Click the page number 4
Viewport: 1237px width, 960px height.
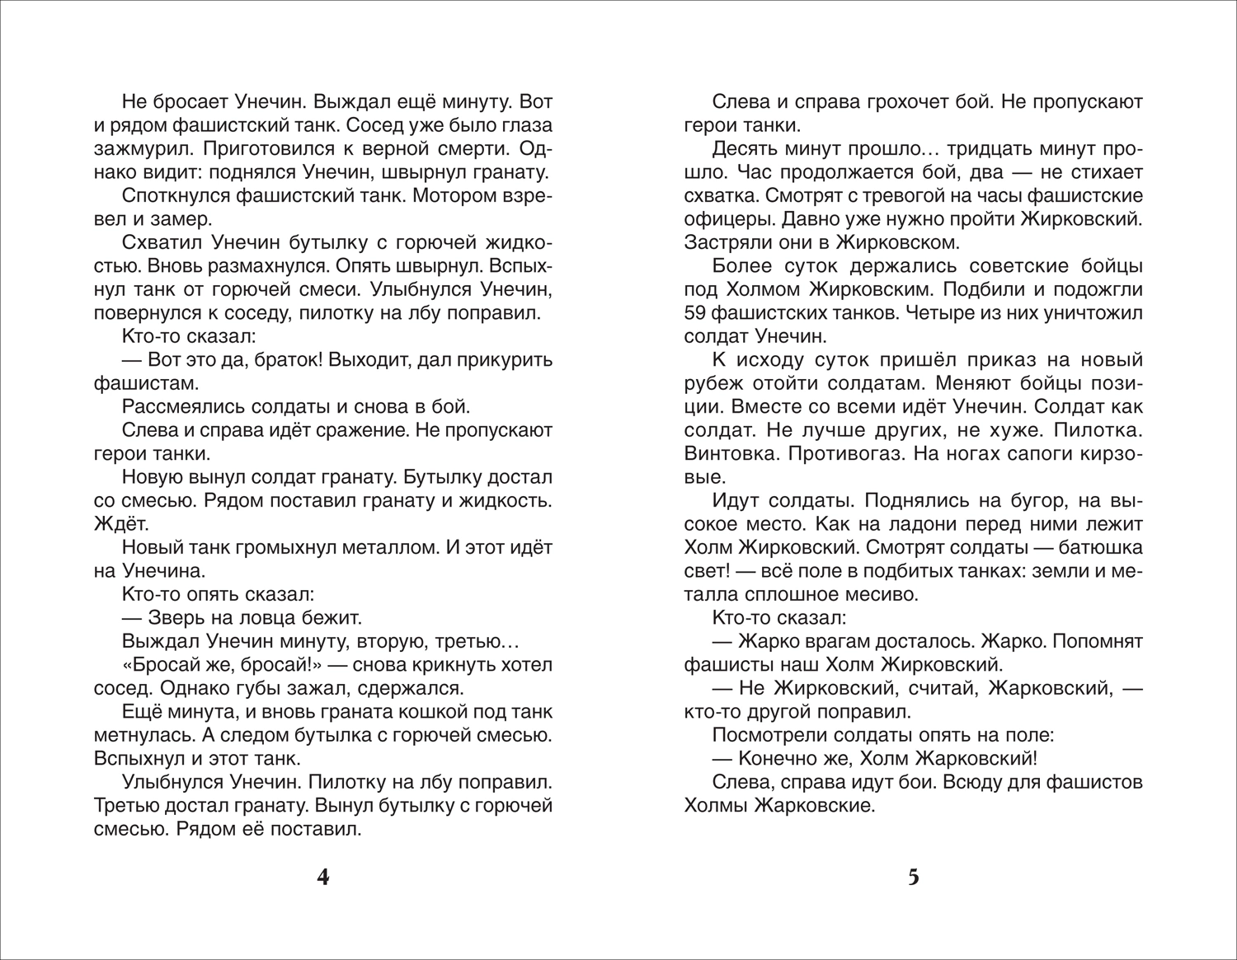[323, 878]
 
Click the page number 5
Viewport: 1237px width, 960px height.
[913, 878]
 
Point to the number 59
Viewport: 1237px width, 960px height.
[697, 313]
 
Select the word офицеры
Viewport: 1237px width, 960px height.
[728, 220]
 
